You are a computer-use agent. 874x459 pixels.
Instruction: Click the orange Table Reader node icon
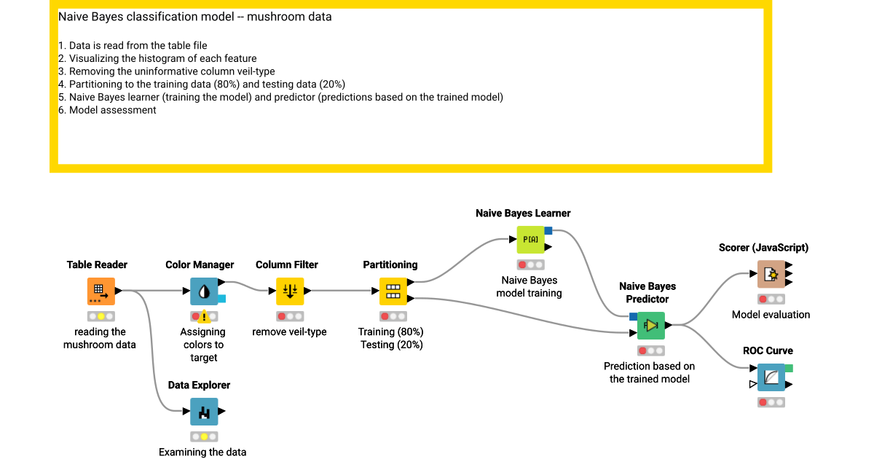pyautogui.click(x=101, y=291)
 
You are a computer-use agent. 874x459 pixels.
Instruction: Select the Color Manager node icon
pyautogui.click(x=204, y=291)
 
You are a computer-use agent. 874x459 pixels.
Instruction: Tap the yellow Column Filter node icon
pyautogui.click(x=290, y=291)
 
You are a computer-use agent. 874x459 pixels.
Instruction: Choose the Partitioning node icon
pyautogui.click(x=393, y=291)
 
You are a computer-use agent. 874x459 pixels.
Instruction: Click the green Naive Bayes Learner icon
pyautogui.click(x=530, y=240)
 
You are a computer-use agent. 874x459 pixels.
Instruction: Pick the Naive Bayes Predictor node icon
pyautogui.click(x=651, y=325)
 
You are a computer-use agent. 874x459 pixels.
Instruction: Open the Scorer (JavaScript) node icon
pyautogui.click(x=771, y=274)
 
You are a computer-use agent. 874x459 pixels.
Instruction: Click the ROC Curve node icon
pyautogui.click(x=771, y=377)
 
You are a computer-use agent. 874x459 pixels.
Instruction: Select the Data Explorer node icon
pyautogui.click(x=204, y=412)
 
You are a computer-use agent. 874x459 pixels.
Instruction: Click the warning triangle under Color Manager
pyautogui.click(x=205, y=316)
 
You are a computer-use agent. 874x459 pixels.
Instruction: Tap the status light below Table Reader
pyautogui.click(x=101, y=316)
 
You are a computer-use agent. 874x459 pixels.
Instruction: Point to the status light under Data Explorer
pyautogui.click(x=204, y=436)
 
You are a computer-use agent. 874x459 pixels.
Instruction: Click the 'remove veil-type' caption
pyautogui.click(x=289, y=332)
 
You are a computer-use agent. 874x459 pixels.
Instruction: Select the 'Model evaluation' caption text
pyautogui.click(x=771, y=315)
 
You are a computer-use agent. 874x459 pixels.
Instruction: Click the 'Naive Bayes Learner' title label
pyautogui.click(x=523, y=213)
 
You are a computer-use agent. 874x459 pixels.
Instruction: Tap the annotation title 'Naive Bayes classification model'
pyautogui.click(x=194, y=17)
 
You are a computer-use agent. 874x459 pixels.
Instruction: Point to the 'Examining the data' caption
pyautogui.click(x=202, y=452)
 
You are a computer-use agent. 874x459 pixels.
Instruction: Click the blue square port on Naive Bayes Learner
pyautogui.click(x=548, y=231)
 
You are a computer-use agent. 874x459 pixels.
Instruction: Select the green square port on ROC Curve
pyautogui.click(x=789, y=368)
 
